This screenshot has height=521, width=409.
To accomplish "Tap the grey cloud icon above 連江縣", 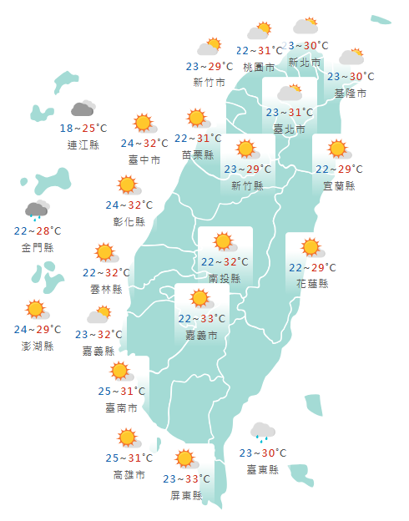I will (x=83, y=109).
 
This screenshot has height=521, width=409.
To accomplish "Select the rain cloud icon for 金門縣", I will (x=37, y=210).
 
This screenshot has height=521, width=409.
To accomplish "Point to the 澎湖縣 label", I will (x=38, y=346).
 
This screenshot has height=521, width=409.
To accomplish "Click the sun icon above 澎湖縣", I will (x=35, y=309).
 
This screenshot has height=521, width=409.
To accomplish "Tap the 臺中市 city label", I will (x=144, y=159).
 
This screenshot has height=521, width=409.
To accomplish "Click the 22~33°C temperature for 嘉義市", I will (x=201, y=318).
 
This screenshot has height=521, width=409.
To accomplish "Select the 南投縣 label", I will (x=225, y=278).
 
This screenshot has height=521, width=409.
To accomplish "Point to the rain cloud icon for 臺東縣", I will (x=263, y=432).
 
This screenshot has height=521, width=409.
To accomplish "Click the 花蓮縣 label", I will (x=312, y=283).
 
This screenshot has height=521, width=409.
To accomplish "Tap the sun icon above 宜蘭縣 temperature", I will (x=337, y=149).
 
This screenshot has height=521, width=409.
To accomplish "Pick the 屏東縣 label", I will (x=186, y=494).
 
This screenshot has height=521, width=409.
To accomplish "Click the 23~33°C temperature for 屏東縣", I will (x=186, y=479).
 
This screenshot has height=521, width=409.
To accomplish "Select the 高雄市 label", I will (x=129, y=474).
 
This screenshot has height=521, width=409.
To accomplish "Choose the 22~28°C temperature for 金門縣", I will (x=38, y=230).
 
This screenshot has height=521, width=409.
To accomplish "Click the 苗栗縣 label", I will (x=198, y=154).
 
